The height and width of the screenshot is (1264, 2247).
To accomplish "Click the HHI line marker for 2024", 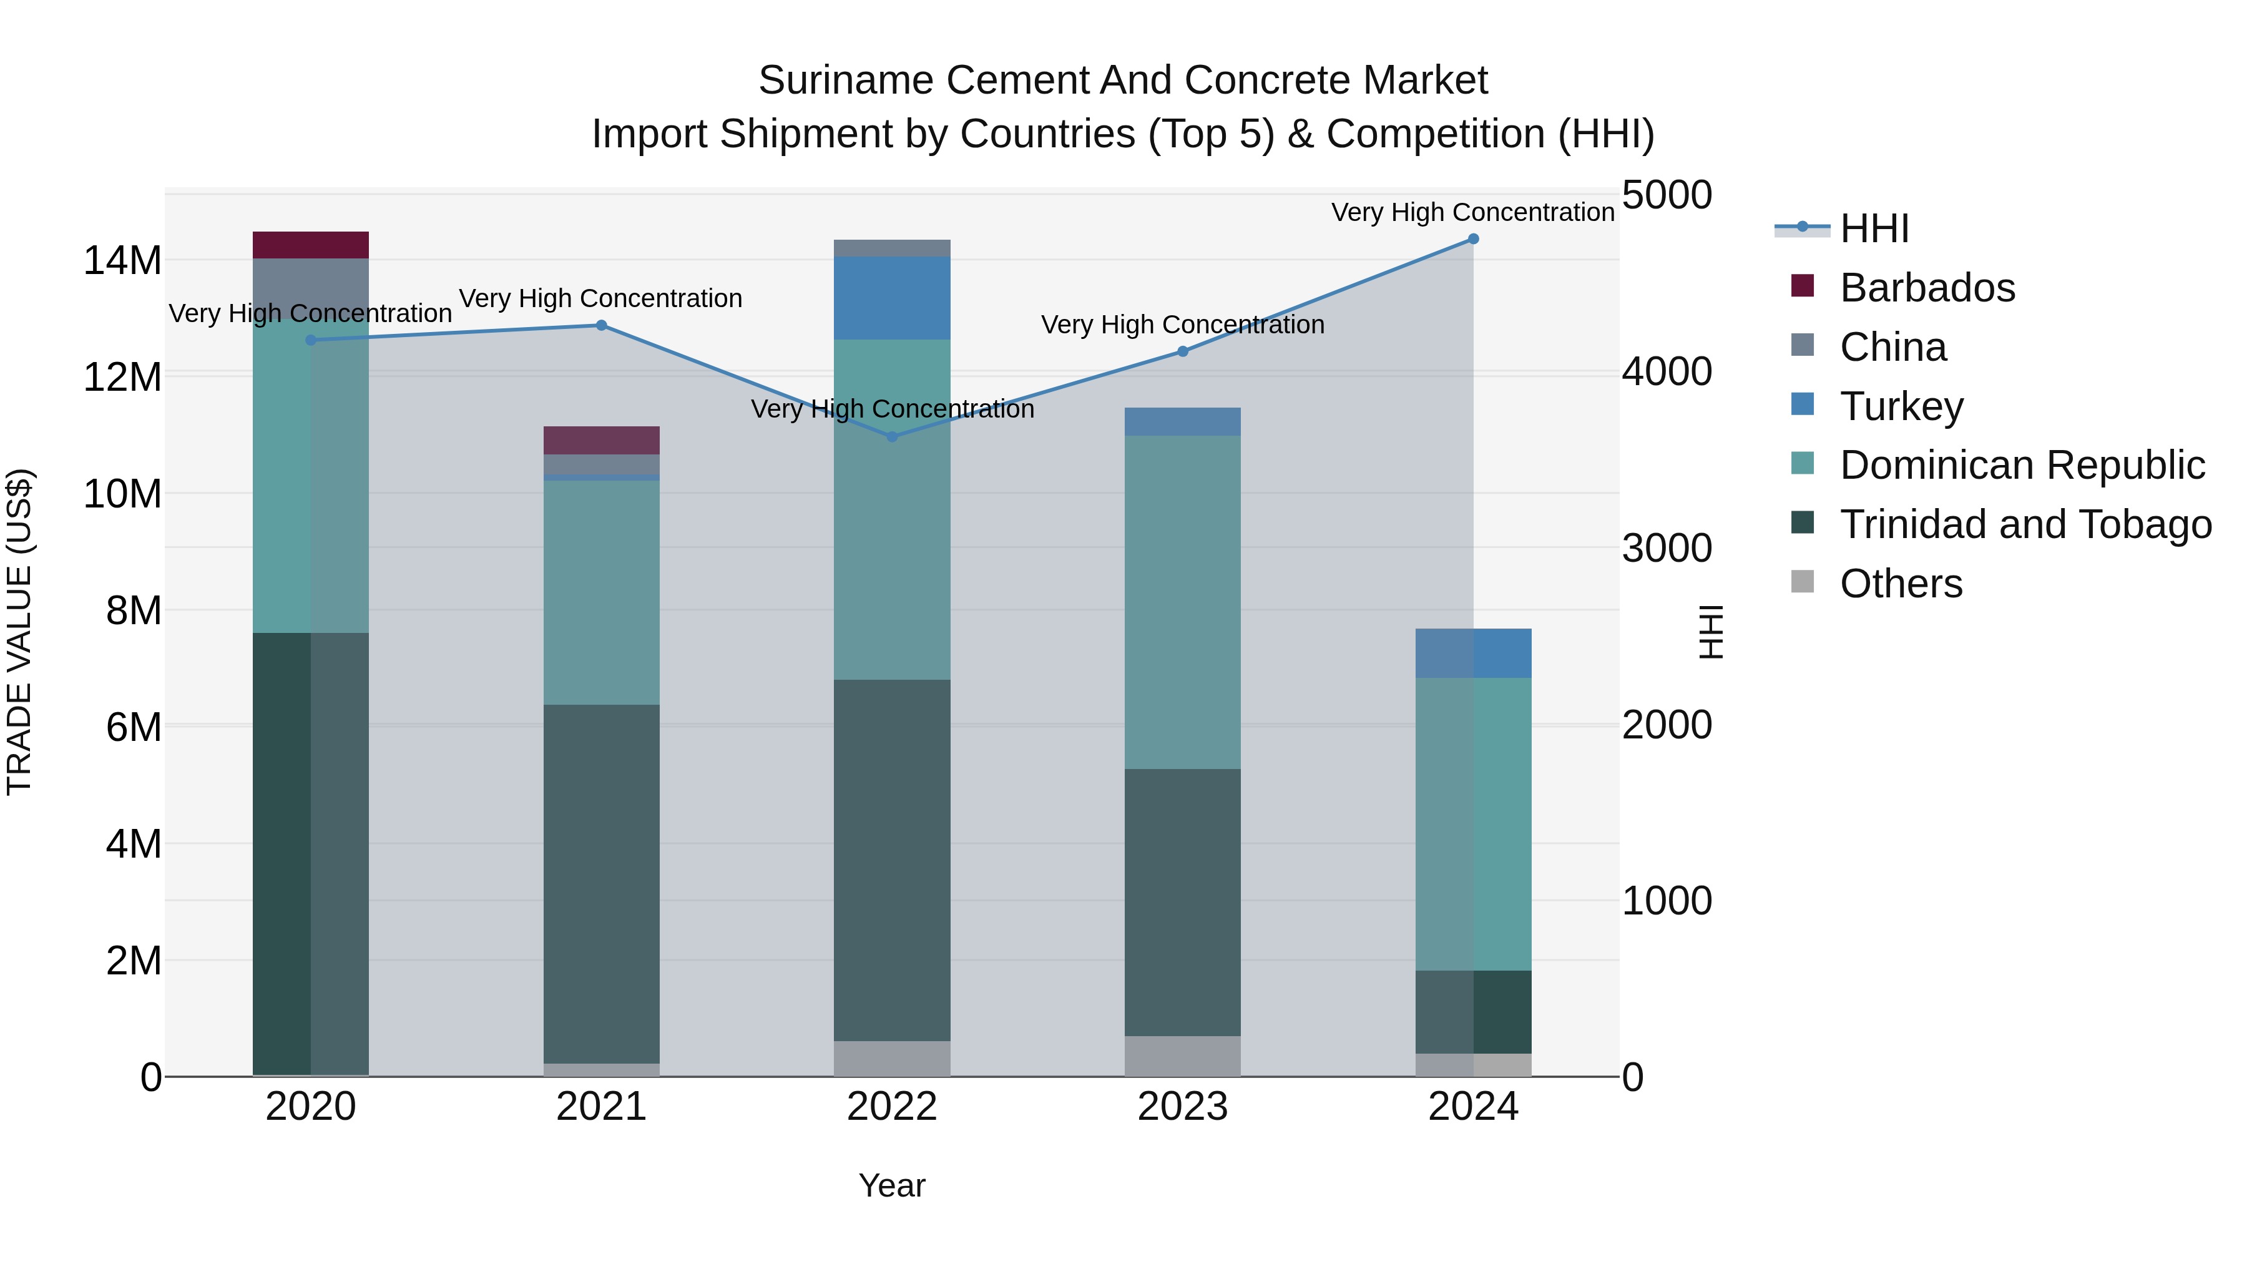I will click(1473, 239).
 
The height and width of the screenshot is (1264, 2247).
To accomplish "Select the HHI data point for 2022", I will click(891, 437).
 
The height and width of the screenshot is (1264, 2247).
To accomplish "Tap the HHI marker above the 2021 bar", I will click(601, 325).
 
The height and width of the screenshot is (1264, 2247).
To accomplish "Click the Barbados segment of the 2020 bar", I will click(311, 245).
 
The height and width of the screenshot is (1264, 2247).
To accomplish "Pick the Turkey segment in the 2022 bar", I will click(891, 298).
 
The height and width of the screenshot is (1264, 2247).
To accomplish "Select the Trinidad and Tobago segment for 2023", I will click(1182, 902).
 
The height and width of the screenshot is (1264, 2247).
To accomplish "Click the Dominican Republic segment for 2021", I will click(601, 592).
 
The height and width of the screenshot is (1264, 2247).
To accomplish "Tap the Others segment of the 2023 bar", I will click(1182, 1056).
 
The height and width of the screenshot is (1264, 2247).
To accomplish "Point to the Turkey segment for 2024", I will click(1473, 654).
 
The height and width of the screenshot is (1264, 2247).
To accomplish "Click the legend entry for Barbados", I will click(1927, 288).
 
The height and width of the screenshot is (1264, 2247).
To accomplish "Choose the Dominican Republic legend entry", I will click(2022, 465).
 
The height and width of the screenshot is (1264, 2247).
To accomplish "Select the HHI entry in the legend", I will click(1874, 228).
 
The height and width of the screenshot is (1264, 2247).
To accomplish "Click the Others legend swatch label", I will click(1901, 584).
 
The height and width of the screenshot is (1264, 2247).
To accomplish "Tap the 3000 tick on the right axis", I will click(1666, 549).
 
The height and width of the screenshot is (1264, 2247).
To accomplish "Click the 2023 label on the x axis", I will click(1182, 1107).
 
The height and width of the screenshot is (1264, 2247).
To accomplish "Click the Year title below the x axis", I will click(891, 1185).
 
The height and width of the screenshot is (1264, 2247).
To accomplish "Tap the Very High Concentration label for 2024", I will click(1472, 213).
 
